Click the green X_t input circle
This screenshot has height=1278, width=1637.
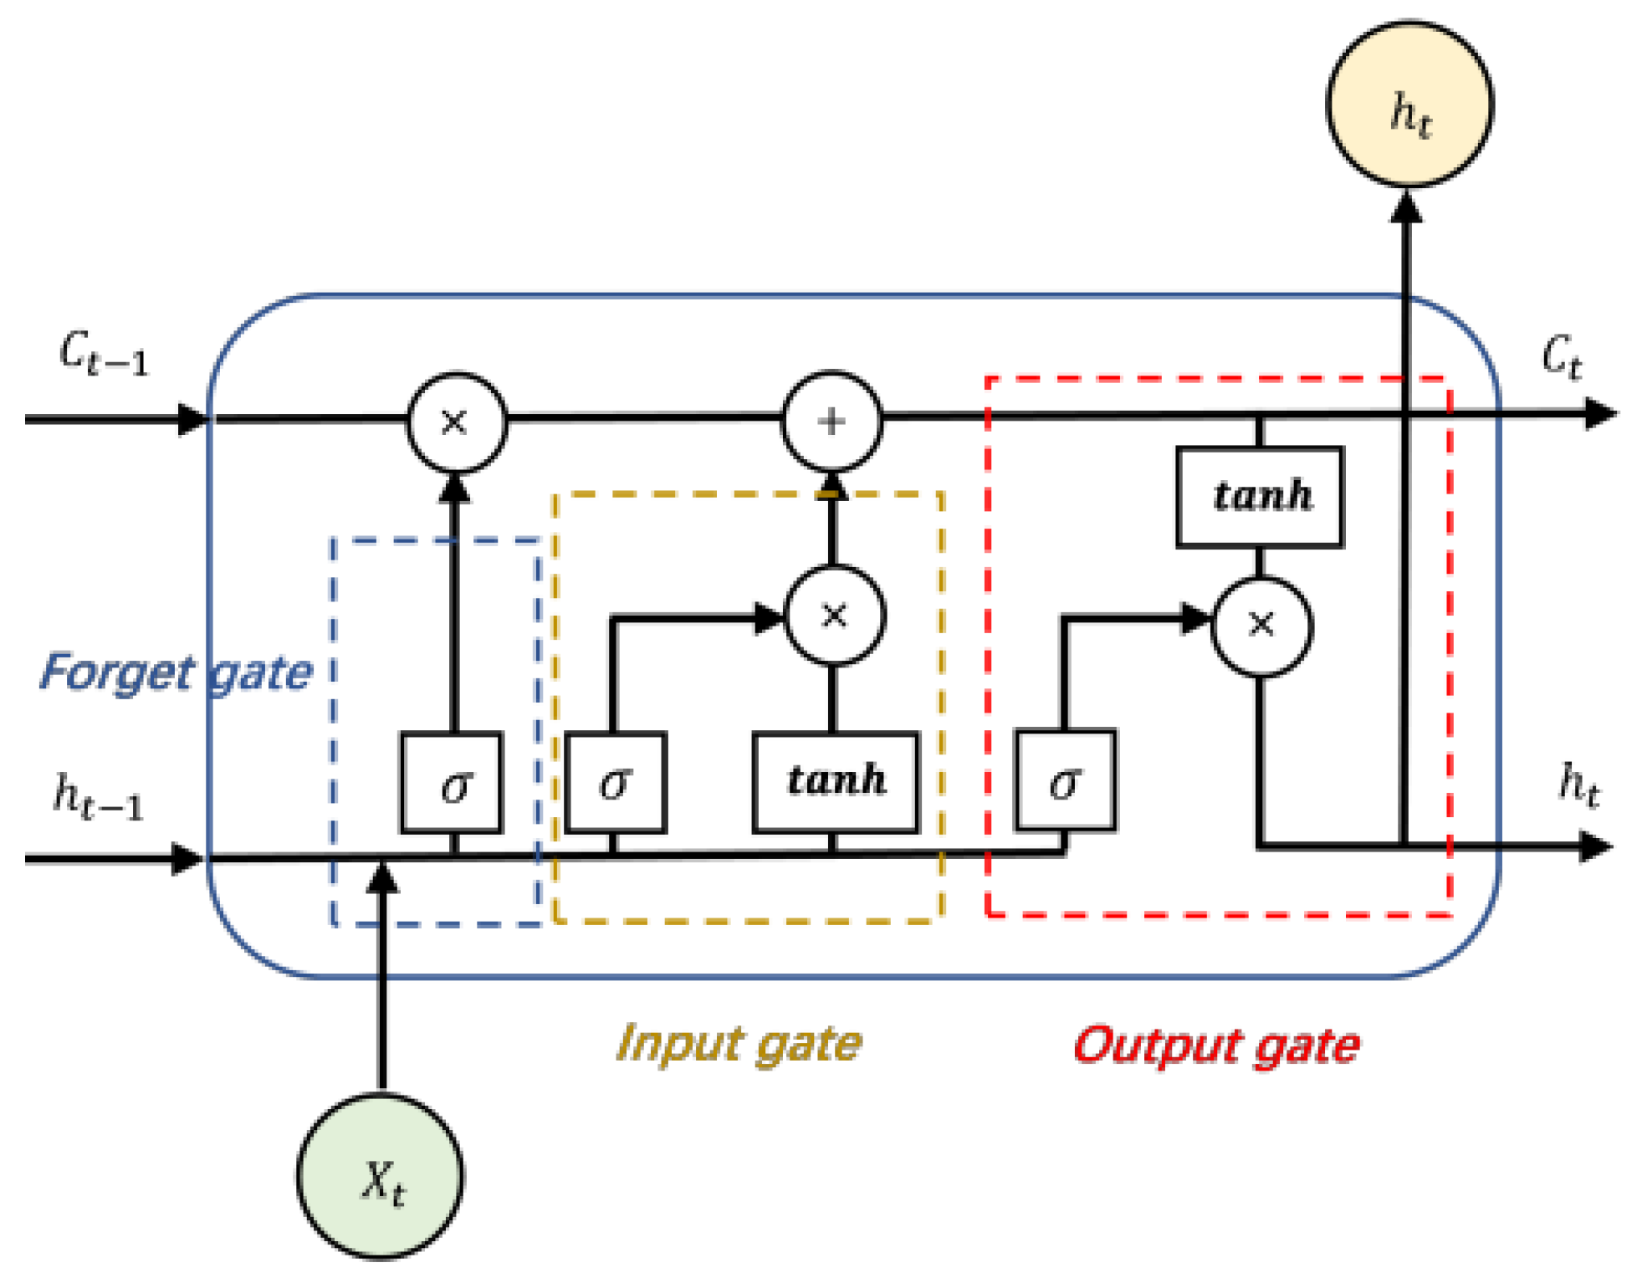381,1176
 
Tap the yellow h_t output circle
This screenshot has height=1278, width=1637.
1409,105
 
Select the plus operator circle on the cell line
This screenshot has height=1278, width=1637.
831,421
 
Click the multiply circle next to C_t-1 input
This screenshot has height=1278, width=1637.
456,422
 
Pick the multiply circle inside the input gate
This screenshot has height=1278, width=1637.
834,616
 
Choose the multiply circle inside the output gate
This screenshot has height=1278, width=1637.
1261,625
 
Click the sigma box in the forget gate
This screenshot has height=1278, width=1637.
453,783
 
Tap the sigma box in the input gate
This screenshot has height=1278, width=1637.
615,783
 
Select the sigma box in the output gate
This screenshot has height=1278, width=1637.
1065,781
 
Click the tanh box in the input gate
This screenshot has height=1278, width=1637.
835,781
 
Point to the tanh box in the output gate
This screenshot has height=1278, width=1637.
1260,497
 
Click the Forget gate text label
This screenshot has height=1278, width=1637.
176,672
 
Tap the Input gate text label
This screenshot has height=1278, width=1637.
738,1044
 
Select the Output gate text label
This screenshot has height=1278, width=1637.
1216,1045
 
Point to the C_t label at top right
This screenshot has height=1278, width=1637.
1561,357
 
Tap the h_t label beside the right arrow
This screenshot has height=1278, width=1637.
1578,786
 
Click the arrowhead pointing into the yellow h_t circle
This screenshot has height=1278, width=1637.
1406,207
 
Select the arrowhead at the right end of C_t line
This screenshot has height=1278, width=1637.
1599,413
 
